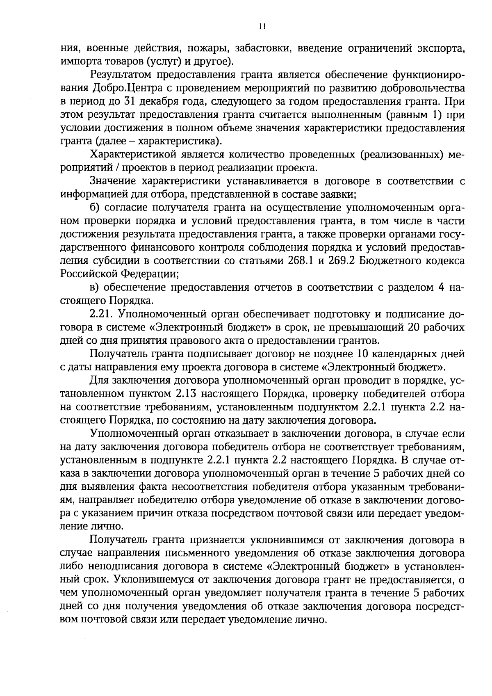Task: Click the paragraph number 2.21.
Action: click(x=101, y=314)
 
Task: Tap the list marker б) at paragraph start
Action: click(x=94, y=208)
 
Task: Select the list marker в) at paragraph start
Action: click(x=94, y=288)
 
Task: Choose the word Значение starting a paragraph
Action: click(x=112, y=181)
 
